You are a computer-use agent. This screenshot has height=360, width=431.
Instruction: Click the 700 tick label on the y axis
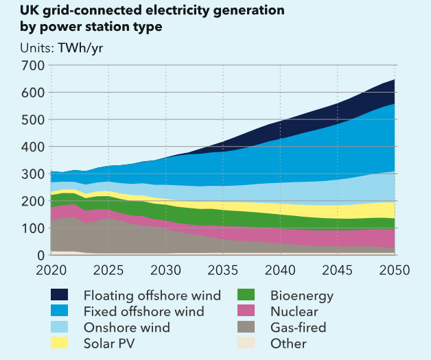click(x=33, y=66)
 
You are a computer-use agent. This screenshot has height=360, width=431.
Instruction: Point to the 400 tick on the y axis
click(x=33, y=147)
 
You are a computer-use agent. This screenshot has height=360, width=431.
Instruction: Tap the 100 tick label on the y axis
click(x=33, y=228)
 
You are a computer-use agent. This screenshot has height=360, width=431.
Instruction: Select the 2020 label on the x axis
click(x=51, y=269)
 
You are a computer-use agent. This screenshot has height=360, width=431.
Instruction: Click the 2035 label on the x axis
click(x=223, y=269)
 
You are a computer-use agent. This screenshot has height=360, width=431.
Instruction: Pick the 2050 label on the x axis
click(x=395, y=269)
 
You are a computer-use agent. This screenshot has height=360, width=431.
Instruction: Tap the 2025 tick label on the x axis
click(x=108, y=269)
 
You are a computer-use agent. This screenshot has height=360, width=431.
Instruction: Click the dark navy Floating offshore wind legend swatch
click(x=60, y=296)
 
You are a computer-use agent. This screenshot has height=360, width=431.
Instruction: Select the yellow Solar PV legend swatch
click(x=60, y=343)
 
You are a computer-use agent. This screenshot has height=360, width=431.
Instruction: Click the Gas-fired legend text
click(x=299, y=328)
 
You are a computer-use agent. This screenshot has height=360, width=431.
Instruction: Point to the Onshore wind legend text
click(x=126, y=328)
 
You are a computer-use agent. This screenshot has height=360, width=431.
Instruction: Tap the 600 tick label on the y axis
click(x=33, y=93)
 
